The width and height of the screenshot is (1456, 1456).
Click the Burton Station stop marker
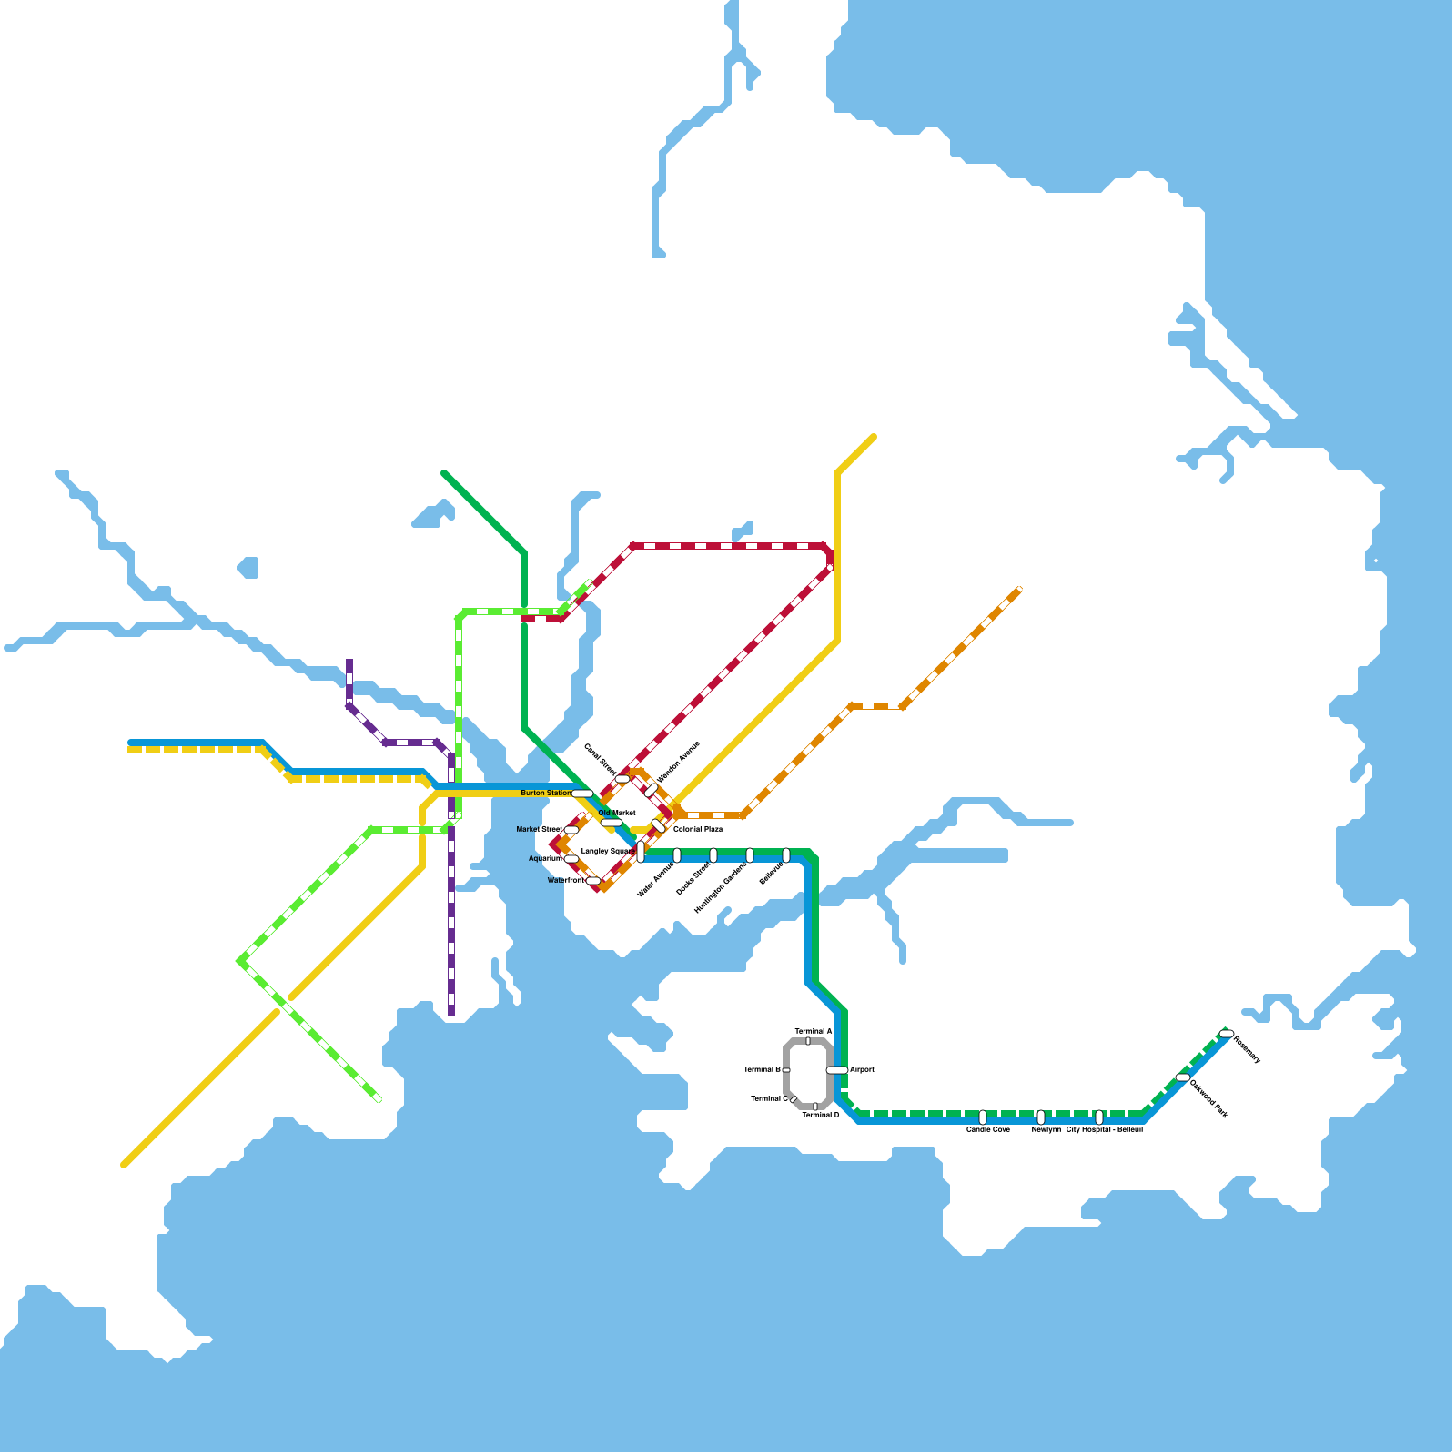582,794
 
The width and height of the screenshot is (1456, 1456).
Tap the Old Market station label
617,813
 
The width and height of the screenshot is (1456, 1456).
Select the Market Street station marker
571,830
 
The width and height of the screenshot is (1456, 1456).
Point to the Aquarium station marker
571,859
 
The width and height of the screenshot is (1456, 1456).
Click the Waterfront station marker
593,881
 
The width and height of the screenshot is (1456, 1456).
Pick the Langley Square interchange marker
641,852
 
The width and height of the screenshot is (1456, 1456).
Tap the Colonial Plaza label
698,829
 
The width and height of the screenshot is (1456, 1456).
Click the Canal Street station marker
622,779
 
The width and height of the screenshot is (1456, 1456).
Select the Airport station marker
837,1070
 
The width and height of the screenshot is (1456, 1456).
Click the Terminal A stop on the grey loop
808,1041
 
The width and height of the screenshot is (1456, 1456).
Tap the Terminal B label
762,1069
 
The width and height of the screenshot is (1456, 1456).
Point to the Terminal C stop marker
794,1099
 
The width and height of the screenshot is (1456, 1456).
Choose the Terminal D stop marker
815,1107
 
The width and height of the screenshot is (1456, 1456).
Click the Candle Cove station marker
983,1117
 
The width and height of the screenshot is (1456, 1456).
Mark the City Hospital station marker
1099,1117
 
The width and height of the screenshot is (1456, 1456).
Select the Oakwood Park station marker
1183,1077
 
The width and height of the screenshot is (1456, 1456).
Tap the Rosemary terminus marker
1227,1034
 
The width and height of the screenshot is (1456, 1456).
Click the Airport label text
862,1069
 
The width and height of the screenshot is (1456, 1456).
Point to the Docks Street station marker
713,855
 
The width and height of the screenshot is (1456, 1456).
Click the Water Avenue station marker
677,855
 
